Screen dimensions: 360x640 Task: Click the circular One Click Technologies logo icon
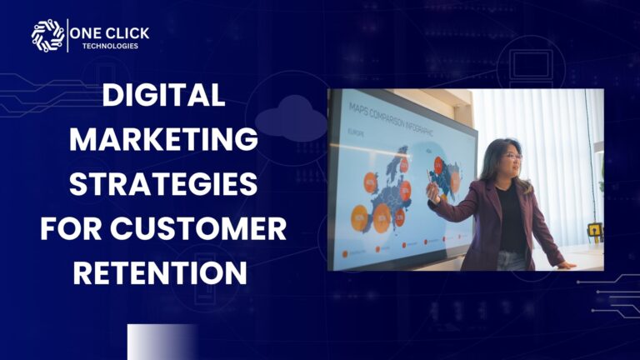(47, 36)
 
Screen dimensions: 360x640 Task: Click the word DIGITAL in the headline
(163, 97)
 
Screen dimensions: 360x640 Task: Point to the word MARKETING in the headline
(163, 140)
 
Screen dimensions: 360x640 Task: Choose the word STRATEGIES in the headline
(163, 184)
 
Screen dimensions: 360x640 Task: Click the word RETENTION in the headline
(163, 272)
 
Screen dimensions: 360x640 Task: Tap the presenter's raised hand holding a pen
(432, 192)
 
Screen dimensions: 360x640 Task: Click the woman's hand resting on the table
(566, 265)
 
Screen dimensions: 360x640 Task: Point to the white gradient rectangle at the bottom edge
(162, 342)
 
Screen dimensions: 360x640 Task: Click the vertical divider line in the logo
(68, 36)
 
